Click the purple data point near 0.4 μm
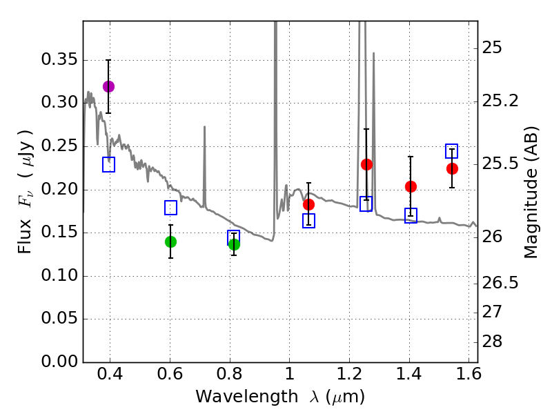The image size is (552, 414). pos(108,86)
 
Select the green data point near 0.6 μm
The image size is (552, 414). pos(170,241)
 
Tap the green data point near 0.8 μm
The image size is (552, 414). pos(234,244)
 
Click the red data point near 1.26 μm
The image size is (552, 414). pos(366,164)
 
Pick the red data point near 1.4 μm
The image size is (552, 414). pos(411,186)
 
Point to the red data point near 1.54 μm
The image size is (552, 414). pos(452,169)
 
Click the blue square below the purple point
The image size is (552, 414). pos(108,164)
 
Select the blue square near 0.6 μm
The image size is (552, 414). pos(170,208)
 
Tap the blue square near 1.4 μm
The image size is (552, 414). pos(411,215)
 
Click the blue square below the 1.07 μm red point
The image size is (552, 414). pos(308,221)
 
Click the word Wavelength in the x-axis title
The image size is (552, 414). pos(235,397)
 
